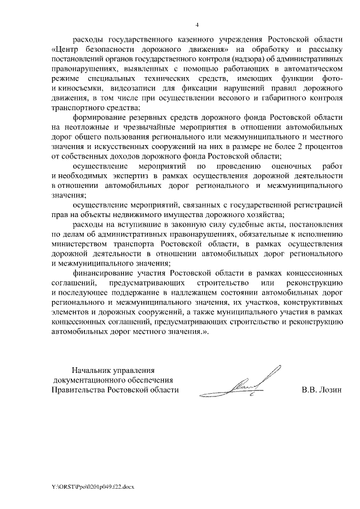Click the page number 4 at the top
pyautogui.click(x=197, y=25)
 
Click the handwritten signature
pyautogui.click(x=253, y=384)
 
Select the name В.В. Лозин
pyautogui.click(x=322, y=389)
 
